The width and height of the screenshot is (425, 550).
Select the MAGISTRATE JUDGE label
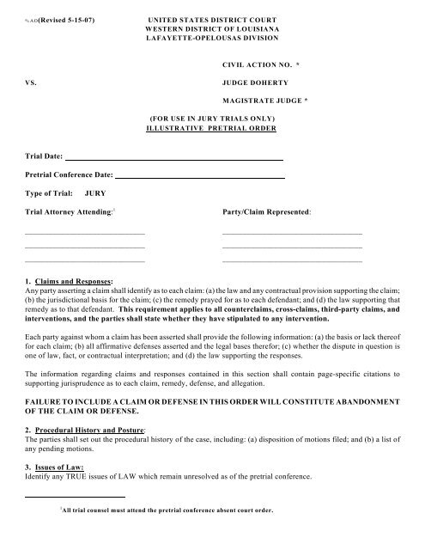[x=261, y=101]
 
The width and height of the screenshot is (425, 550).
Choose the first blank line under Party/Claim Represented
[x=292, y=234]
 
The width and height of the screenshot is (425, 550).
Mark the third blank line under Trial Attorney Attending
[x=84, y=260]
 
